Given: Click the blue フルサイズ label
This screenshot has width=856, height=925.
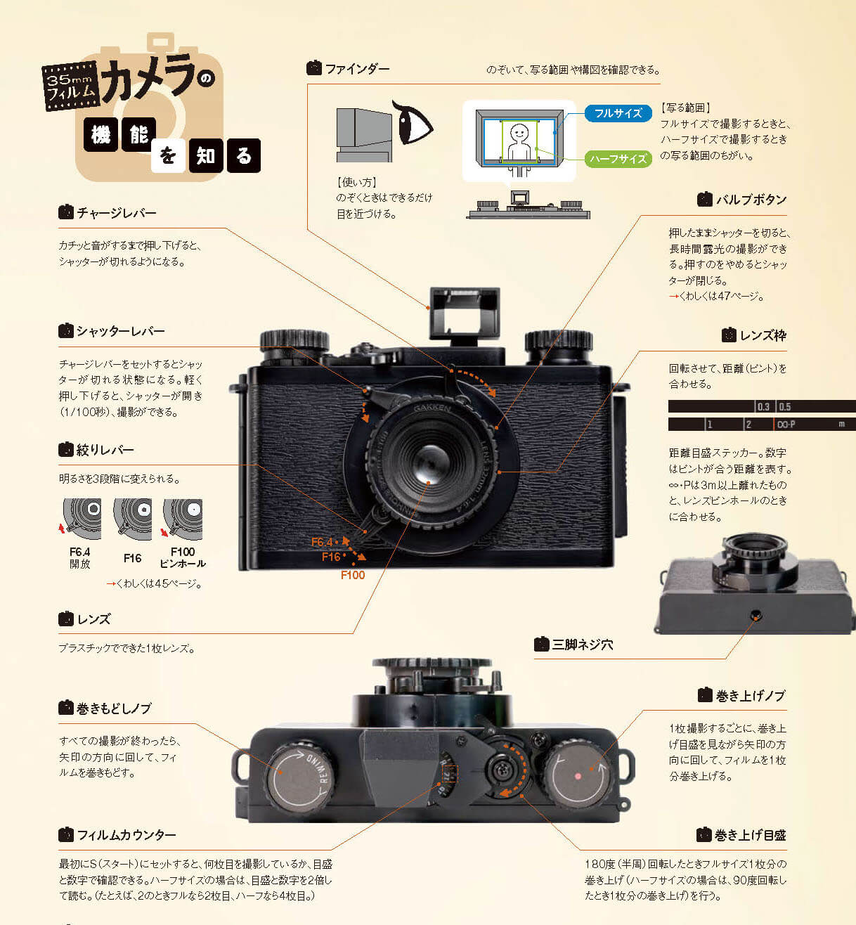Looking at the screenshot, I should (618, 113).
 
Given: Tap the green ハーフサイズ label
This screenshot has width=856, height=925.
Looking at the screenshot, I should (618, 159).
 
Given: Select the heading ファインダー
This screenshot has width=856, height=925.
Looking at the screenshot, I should (356, 69).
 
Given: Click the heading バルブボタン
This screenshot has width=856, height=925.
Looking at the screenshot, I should (751, 200).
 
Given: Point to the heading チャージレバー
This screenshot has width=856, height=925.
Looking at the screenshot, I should (116, 212).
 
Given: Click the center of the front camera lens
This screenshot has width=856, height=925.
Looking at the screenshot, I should (430, 461).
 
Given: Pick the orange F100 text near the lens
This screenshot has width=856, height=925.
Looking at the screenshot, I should (353, 575).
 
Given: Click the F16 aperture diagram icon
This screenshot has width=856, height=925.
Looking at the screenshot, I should (133, 519).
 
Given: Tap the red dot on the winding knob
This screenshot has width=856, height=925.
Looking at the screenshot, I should (578, 776).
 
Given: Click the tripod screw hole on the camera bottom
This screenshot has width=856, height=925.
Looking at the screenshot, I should (756, 615).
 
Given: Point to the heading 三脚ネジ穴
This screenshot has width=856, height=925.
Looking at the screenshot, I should (582, 645).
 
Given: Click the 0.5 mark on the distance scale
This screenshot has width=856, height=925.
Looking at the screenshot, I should (785, 407).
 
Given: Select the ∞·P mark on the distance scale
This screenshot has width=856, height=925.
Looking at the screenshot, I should (786, 425).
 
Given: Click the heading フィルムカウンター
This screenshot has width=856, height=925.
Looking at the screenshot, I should (126, 835).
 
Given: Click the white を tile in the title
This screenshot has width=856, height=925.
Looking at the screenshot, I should (167, 155).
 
